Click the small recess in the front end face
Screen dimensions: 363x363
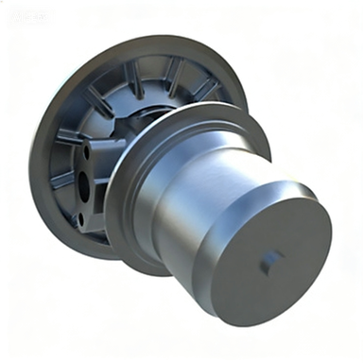coord(270,261)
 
